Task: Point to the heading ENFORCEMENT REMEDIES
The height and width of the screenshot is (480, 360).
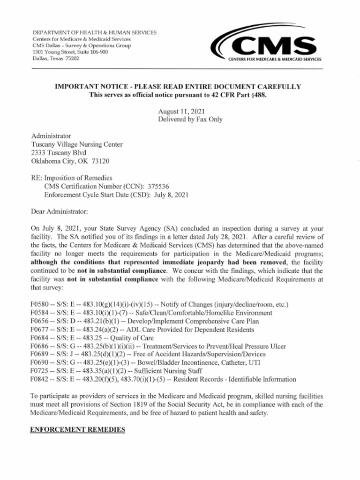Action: click(x=77, y=429)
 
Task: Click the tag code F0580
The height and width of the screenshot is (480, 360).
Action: click(x=40, y=305)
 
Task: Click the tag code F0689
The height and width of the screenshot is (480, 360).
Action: click(x=40, y=354)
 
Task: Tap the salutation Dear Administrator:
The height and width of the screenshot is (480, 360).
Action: click(x=59, y=211)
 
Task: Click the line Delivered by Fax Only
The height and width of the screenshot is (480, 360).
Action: click(x=190, y=120)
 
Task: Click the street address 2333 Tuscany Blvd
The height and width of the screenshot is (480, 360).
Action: click(x=59, y=153)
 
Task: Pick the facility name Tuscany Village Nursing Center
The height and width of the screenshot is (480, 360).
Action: click(x=77, y=144)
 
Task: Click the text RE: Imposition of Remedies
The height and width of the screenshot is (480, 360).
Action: click(x=71, y=178)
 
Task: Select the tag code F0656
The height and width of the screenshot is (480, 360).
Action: click(x=40, y=321)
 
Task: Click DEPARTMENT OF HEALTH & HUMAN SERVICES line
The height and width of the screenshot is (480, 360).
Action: click(x=95, y=32)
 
